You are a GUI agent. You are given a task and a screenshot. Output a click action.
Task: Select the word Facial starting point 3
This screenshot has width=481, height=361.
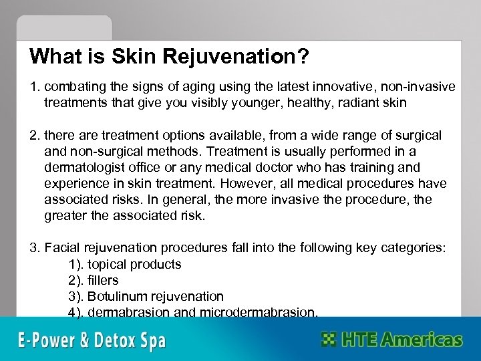tap(63, 248)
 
